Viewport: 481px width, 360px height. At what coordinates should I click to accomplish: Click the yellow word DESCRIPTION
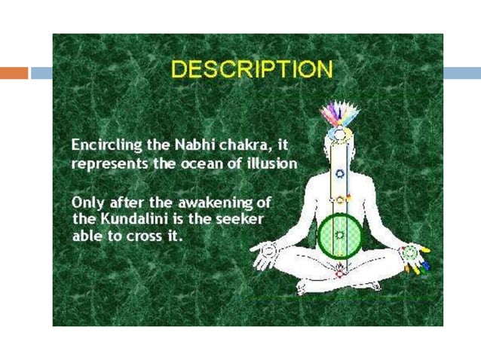251,70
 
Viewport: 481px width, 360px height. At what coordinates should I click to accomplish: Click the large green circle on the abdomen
339,235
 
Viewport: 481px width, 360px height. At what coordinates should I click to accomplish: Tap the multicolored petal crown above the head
339,115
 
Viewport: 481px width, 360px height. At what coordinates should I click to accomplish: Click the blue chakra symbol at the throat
339,173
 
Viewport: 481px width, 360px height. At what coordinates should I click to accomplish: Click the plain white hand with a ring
263,256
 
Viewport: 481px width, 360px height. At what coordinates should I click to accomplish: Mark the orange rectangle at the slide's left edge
14,73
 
